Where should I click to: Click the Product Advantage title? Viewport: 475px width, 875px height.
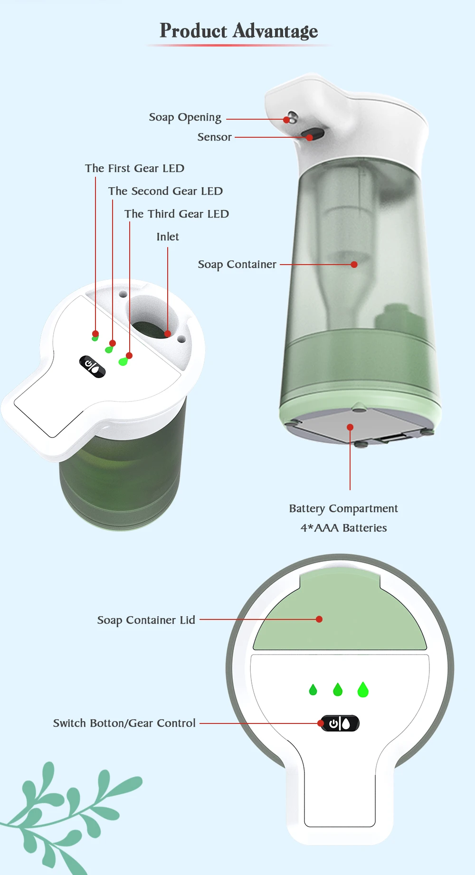pyautogui.click(x=238, y=31)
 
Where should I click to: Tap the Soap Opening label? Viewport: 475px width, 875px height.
pyautogui.click(x=185, y=117)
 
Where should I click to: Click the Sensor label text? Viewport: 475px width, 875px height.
pyautogui.click(x=214, y=137)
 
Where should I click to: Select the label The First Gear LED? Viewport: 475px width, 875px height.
pyautogui.click(x=134, y=169)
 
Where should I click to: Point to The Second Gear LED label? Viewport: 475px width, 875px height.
pyautogui.click(x=165, y=191)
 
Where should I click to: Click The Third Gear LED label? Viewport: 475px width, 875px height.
pyautogui.click(x=176, y=214)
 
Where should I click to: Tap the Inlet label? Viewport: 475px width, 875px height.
pyautogui.click(x=168, y=237)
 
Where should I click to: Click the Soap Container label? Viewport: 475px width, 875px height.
pyautogui.click(x=237, y=265)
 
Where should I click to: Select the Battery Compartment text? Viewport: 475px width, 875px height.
pyautogui.click(x=343, y=509)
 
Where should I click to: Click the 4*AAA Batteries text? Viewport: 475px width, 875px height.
pyautogui.click(x=343, y=528)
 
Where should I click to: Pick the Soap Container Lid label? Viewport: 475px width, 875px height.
pyautogui.click(x=146, y=620)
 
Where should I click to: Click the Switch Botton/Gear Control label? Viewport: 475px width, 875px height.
pyautogui.click(x=124, y=723)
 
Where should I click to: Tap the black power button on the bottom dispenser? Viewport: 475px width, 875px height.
pyautogui.click(x=340, y=723)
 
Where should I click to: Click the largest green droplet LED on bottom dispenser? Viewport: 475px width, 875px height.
pyautogui.click(x=363, y=689)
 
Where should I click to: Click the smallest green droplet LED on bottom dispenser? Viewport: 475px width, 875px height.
pyautogui.click(x=313, y=690)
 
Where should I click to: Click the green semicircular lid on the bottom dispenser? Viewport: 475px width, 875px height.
pyautogui.click(x=340, y=618)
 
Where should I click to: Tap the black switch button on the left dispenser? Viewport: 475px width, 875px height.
pyautogui.click(x=92, y=366)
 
